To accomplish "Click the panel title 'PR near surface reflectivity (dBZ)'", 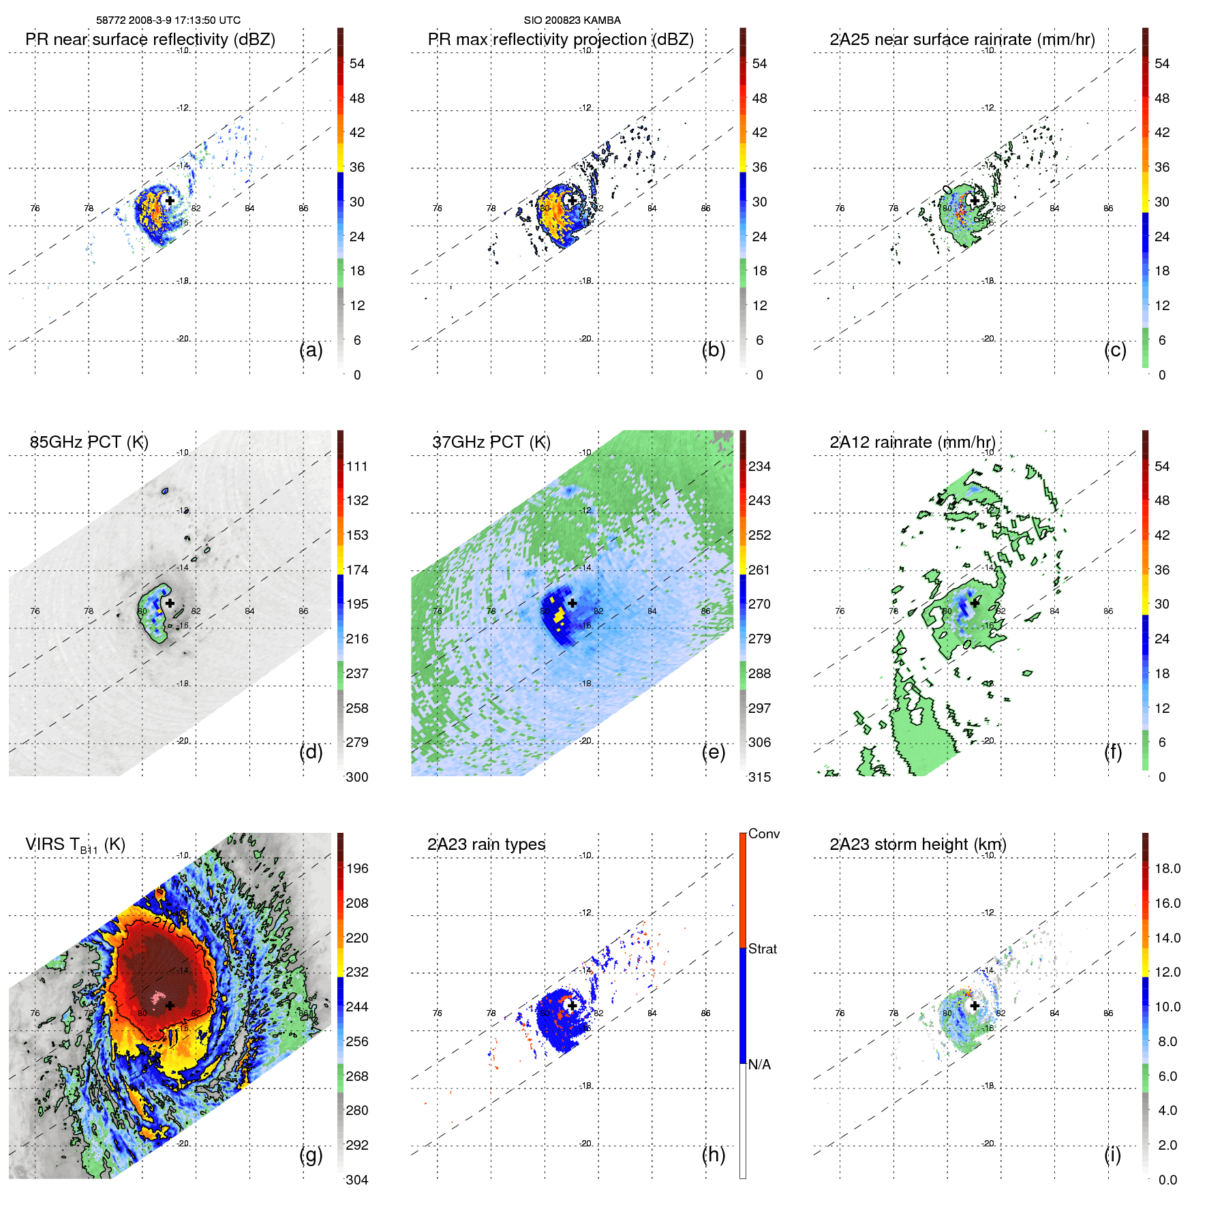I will [x=150, y=40].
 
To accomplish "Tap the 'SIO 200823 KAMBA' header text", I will [x=572, y=20].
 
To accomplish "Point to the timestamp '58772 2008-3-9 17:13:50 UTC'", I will [x=168, y=20].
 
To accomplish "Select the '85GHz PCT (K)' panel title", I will [x=89, y=442].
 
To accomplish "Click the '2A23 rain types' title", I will [x=486, y=844].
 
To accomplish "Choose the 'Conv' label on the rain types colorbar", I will [x=763, y=834].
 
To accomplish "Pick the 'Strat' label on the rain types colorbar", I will [x=762, y=949].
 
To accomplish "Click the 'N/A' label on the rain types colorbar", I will [x=759, y=1065].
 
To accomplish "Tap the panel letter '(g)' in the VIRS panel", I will [x=311, y=1155].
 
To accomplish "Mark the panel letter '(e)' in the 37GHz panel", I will [x=713, y=752].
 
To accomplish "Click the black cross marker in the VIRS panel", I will [x=170, y=1005].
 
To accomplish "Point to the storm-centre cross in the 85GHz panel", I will [x=170, y=603].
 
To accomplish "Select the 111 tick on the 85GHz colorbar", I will [x=357, y=466].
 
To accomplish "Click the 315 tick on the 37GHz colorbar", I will [x=759, y=777].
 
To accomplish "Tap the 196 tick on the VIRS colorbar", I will [x=357, y=868].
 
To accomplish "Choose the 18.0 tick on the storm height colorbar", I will [x=1167, y=868].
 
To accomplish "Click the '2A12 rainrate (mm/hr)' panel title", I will [x=912, y=442].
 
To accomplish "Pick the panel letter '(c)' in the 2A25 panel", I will [x=1115, y=350].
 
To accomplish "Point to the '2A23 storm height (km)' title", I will [x=917, y=844].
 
